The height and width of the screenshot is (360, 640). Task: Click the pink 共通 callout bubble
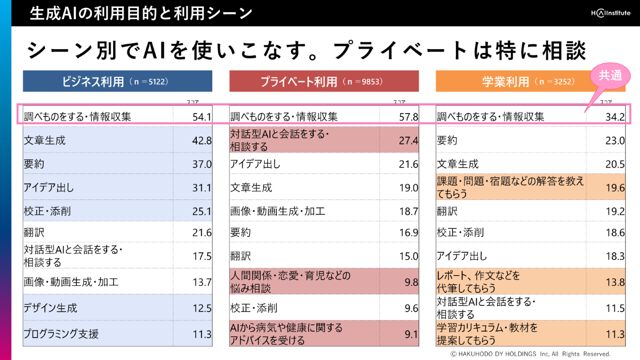(610, 76)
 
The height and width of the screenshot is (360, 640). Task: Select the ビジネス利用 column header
(117, 82)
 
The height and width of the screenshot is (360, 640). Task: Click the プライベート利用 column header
(324, 82)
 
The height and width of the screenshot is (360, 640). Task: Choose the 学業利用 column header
(530, 82)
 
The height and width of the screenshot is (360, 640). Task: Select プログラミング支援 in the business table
(61, 334)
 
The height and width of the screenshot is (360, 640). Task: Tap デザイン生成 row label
(51, 308)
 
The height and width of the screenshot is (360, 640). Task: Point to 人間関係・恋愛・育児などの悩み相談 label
(291, 282)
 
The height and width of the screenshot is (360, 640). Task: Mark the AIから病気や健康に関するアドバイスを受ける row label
(286, 333)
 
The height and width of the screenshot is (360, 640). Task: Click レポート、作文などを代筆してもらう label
(479, 282)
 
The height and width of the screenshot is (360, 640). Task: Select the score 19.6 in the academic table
(615, 188)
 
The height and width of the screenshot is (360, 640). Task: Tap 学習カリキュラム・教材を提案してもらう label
(487, 333)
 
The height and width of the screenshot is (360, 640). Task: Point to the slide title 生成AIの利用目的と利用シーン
(141, 13)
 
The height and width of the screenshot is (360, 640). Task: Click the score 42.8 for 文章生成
(202, 141)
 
